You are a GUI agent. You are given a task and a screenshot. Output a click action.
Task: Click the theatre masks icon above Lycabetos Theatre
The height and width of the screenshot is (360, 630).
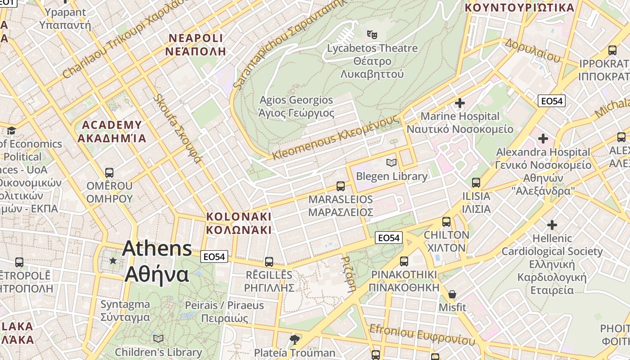(372, 34)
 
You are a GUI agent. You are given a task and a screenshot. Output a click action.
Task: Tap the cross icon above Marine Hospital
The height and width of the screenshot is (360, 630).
(459, 103)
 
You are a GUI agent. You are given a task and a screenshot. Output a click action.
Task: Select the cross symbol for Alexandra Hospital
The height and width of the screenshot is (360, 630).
(543, 138)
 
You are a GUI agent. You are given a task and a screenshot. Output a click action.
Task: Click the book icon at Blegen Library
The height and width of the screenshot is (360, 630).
(391, 162)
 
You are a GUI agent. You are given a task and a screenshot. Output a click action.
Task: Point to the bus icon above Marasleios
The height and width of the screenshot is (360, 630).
(341, 186)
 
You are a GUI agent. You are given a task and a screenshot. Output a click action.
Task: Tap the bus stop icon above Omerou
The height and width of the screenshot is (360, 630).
(109, 172)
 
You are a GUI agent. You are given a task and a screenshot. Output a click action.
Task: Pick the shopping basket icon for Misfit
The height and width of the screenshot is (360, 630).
(452, 294)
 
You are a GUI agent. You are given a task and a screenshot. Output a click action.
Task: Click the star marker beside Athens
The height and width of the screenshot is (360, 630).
(112, 261)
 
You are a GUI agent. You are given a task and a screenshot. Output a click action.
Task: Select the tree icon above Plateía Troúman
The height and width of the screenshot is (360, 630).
(294, 339)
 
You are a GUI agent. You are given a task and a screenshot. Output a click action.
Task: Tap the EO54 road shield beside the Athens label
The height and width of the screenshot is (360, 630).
(214, 256)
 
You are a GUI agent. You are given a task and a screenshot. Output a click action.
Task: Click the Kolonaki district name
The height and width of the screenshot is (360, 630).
(238, 223)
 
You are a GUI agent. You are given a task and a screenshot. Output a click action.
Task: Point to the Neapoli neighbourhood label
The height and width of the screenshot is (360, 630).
(195, 44)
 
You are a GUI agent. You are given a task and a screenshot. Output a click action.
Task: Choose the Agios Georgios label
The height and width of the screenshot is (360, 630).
(296, 106)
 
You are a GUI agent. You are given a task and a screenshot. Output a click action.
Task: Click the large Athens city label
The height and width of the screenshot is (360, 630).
(157, 261)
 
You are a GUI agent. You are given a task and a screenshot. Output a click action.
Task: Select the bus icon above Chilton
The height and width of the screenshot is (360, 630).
(446, 221)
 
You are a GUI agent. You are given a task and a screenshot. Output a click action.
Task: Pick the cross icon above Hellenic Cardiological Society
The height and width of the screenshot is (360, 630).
(552, 225)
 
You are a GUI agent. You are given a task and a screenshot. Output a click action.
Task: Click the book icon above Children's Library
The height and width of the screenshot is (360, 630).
(158, 338)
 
